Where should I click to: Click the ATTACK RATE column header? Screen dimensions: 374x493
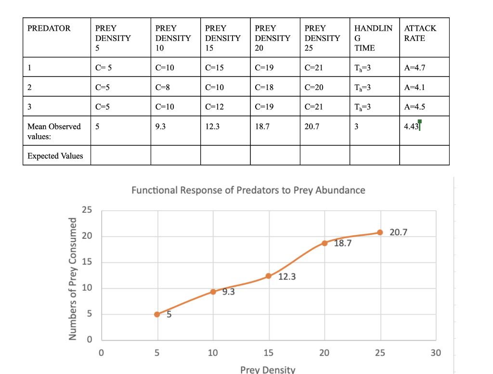(x=420, y=33)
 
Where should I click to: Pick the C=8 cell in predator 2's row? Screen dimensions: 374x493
(x=163, y=87)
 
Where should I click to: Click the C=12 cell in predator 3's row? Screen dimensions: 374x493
(x=215, y=106)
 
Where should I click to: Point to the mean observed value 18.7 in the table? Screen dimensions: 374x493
(x=262, y=127)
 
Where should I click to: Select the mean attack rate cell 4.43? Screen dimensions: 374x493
(x=412, y=127)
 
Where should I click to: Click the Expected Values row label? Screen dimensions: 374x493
(x=55, y=156)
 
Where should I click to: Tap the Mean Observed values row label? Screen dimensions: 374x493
(x=54, y=131)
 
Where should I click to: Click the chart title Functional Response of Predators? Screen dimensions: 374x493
(x=248, y=190)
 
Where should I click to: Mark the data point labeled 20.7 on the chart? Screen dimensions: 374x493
(x=380, y=232)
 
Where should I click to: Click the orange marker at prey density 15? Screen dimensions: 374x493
(x=269, y=276)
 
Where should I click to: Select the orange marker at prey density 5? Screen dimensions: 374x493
(x=157, y=314)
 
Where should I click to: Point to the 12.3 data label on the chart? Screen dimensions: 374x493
(x=287, y=277)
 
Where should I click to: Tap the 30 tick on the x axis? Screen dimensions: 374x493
(x=435, y=353)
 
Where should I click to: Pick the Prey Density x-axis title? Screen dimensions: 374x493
(x=268, y=369)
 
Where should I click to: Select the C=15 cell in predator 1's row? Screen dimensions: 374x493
(x=215, y=67)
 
